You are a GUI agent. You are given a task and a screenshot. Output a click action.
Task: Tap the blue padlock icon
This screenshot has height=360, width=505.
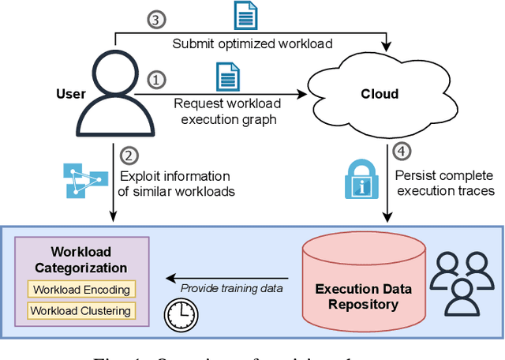(360, 180)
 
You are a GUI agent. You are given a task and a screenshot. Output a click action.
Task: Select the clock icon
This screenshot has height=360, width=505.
(178, 315)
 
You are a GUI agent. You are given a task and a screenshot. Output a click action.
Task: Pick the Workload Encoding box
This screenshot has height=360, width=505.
(81, 290)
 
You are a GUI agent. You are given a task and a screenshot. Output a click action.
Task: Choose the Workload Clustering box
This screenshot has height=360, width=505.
(81, 310)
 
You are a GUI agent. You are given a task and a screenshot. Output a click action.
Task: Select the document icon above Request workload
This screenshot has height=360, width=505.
(227, 77)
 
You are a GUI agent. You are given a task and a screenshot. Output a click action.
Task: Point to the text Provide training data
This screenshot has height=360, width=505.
(231, 288)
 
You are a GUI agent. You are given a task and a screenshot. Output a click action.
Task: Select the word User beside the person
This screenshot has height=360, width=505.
(71, 94)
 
